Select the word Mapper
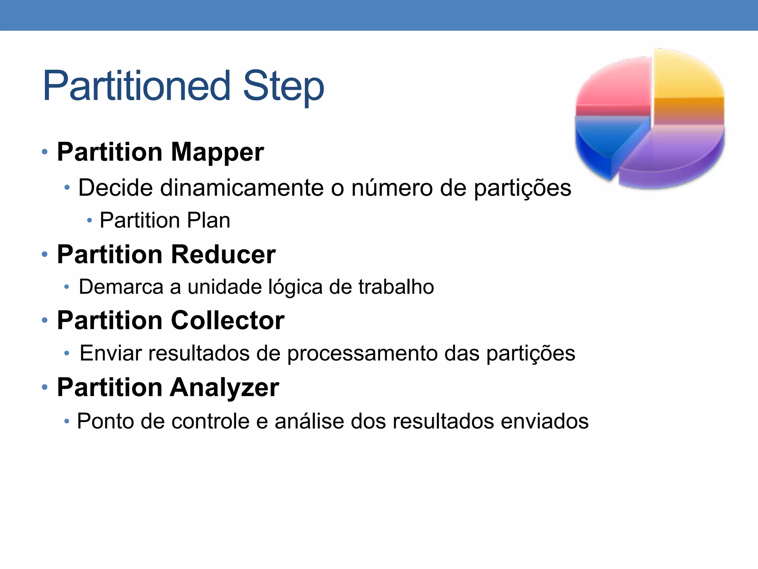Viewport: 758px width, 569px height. tap(217, 152)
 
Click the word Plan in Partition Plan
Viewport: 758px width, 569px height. tap(208, 220)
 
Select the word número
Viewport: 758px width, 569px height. tap(392, 188)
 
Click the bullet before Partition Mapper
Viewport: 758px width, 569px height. tap(45, 152)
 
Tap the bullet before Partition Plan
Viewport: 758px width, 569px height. tap(89, 221)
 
